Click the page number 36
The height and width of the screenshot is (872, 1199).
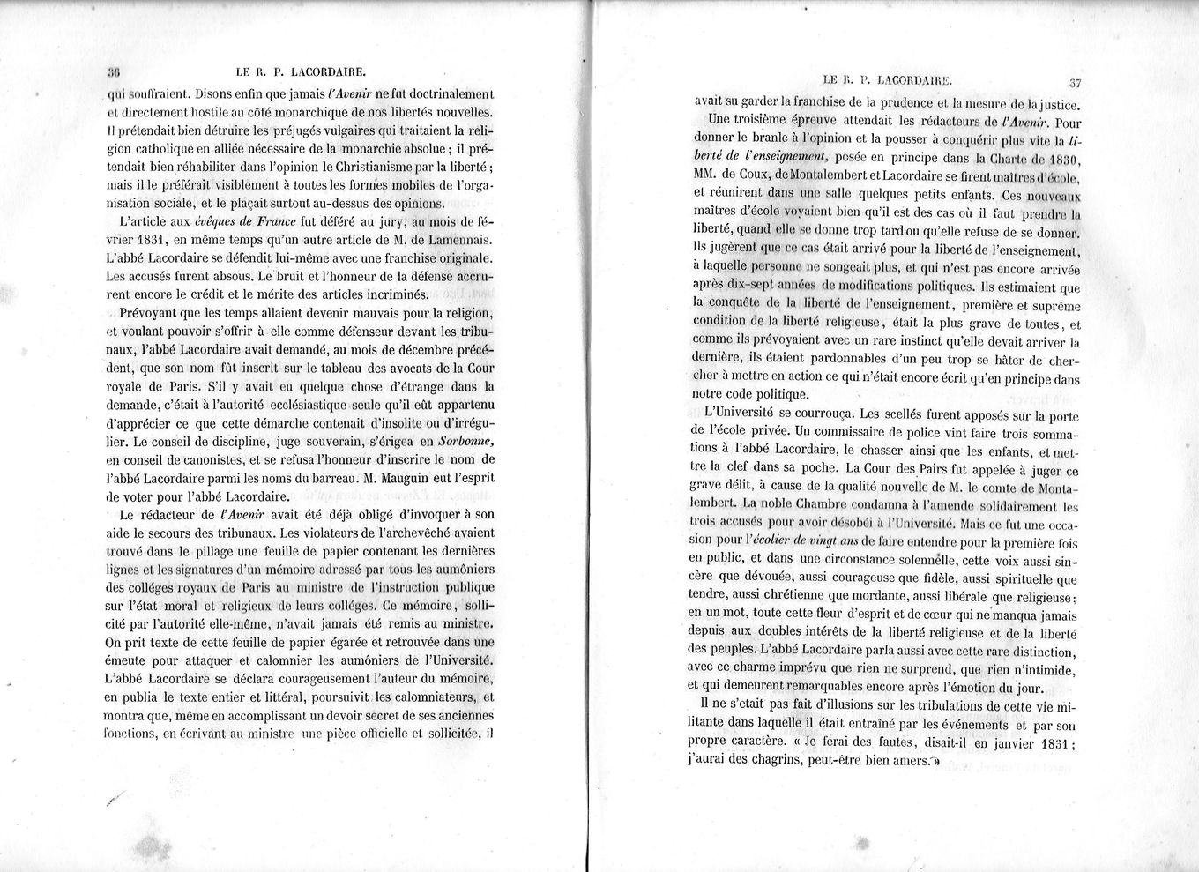(113, 73)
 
